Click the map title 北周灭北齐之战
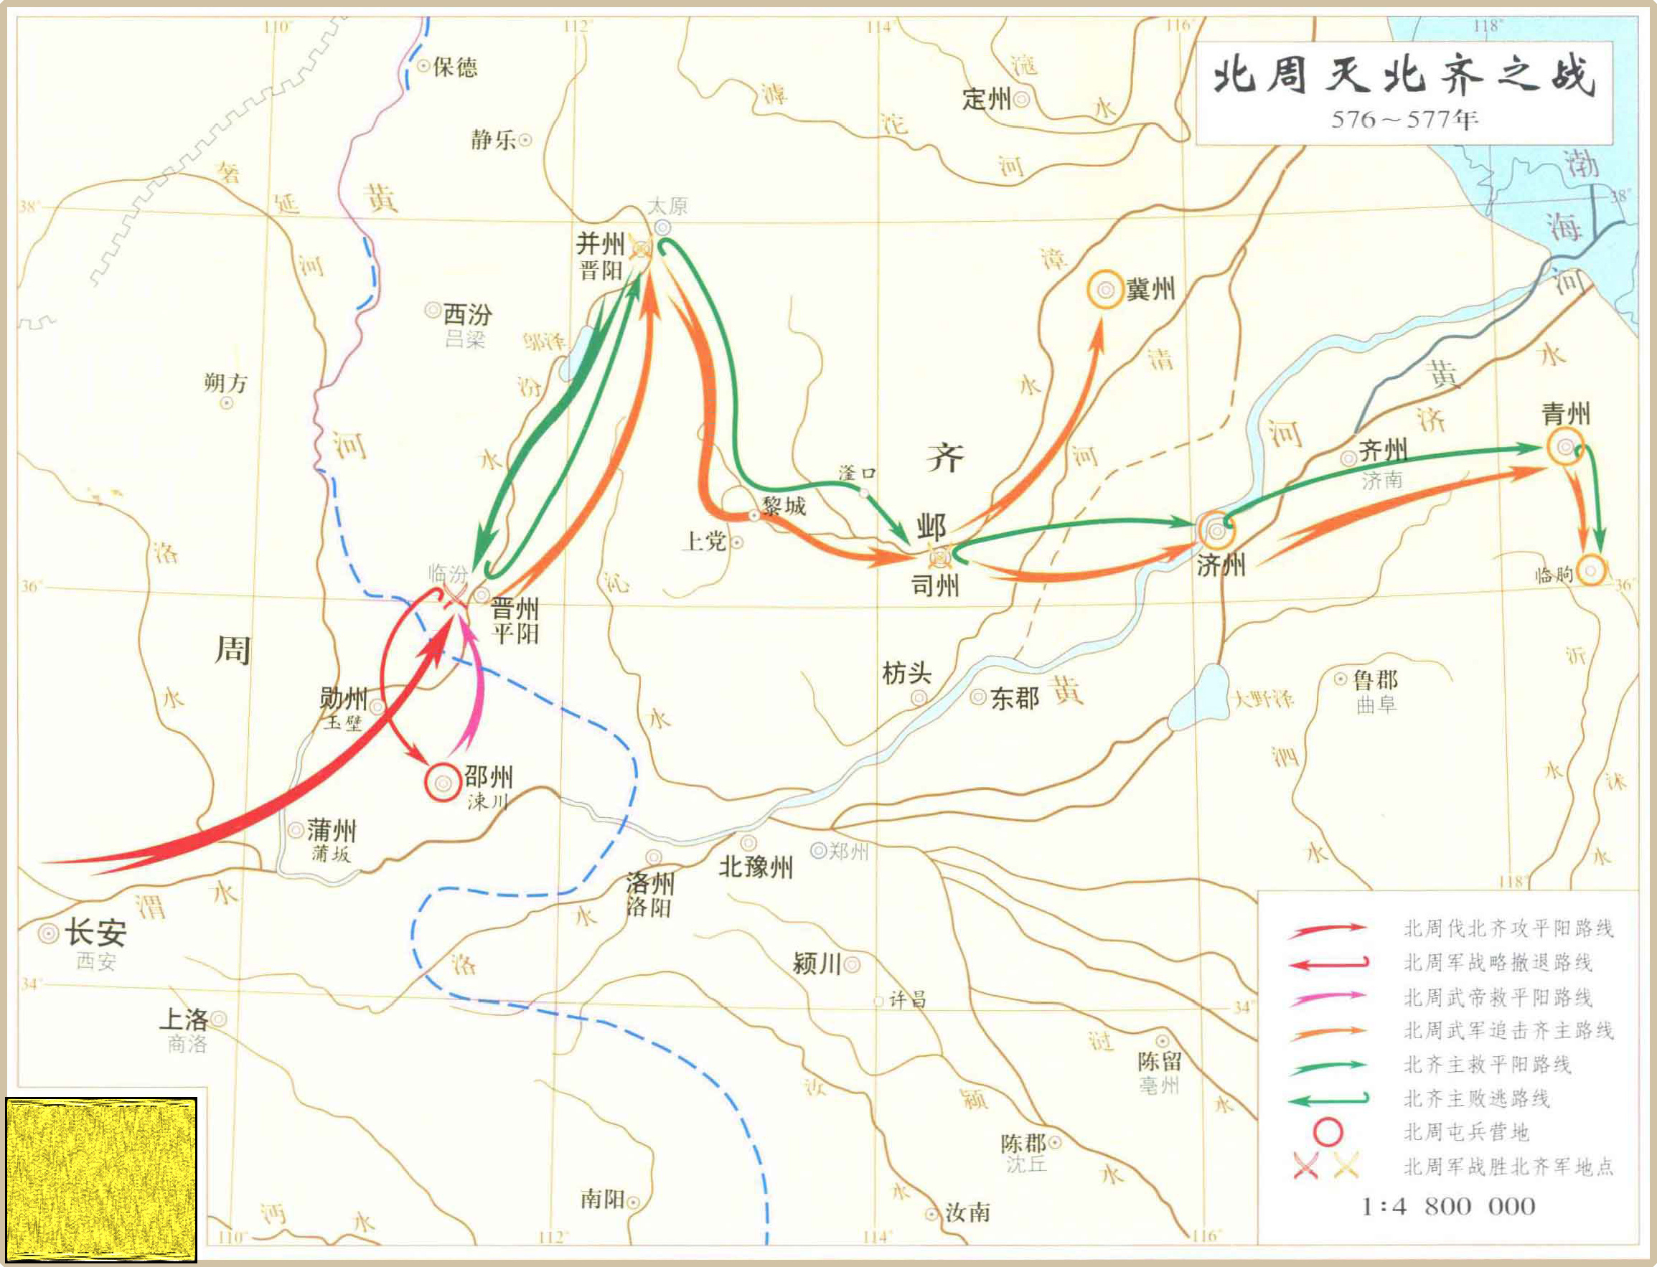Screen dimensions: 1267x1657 pyautogui.click(x=1404, y=77)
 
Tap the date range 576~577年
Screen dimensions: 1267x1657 pyautogui.click(x=1404, y=120)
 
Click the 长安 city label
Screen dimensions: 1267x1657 pyautogui.click(x=95, y=933)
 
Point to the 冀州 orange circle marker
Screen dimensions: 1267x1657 pyautogui.click(x=1106, y=290)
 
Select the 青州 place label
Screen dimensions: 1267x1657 pyautogui.click(x=1565, y=413)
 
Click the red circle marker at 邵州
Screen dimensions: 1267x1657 pyautogui.click(x=443, y=783)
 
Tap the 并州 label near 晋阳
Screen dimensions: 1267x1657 pyautogui.click(x=601, y=244)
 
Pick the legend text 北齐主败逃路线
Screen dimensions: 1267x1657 pyautogui.click(x=1476, y=1099)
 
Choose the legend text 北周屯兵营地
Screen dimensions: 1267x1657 pyautogui.click(x=1465, y=1132)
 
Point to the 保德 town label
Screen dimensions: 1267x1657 pyautogui.click(x=455, y=68)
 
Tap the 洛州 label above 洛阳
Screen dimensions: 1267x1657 pyautogui.click(x=650, y=883)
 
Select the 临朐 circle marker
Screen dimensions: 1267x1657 pyautogui.click(x=1592, y=571)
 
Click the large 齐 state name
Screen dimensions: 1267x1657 pyautogui.click(x=945, y=457)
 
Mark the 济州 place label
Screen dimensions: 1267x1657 pyautogui.click(x=1220, y=565)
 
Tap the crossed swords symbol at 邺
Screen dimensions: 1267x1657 pyautogui.click(x=940, y=557)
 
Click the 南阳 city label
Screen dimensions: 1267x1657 pyautogui.click(x=603, y=1199)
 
